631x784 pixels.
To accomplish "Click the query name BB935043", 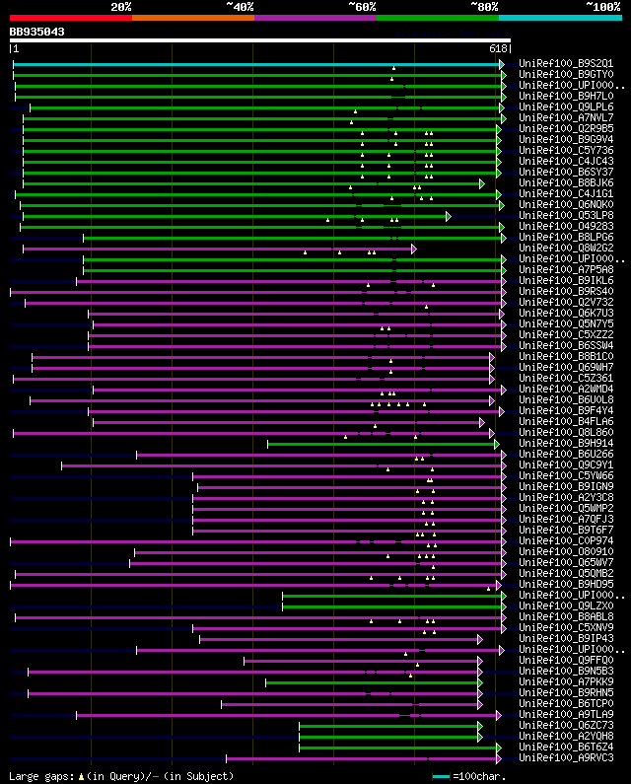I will pyautogui.click(x=37, y=32).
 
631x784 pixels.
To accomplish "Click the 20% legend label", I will pyautogui.click(x=121, y=7).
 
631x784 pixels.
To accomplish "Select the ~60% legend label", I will pyautogui.click(x=362, y=7).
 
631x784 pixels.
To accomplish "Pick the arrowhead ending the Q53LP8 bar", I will pyautogui.click(x=449, y=215).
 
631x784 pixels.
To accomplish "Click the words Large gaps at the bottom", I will pyautogui.click(x=40, y=776).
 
